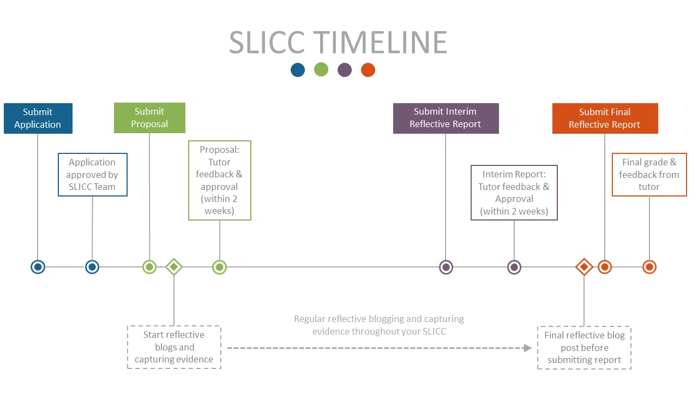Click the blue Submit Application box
(38, 118)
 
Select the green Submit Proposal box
(149, 118)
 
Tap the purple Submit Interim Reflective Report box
(446, 118)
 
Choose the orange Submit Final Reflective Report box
(605, 118)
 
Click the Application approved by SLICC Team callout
(92, 175)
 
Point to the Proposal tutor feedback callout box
(219, 180)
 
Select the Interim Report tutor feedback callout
(514, 193)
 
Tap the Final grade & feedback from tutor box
(649, 175)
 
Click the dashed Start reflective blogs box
(174, 347)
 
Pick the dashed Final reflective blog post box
(584, 348)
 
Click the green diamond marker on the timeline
(174, 267)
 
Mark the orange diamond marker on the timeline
(584, 267)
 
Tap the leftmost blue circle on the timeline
(38, 267)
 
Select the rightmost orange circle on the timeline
(649, 267)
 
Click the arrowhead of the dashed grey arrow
(527, 348)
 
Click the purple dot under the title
(345, 70)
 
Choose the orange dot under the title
(368, 70)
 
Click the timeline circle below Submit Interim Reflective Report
(446, 267)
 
